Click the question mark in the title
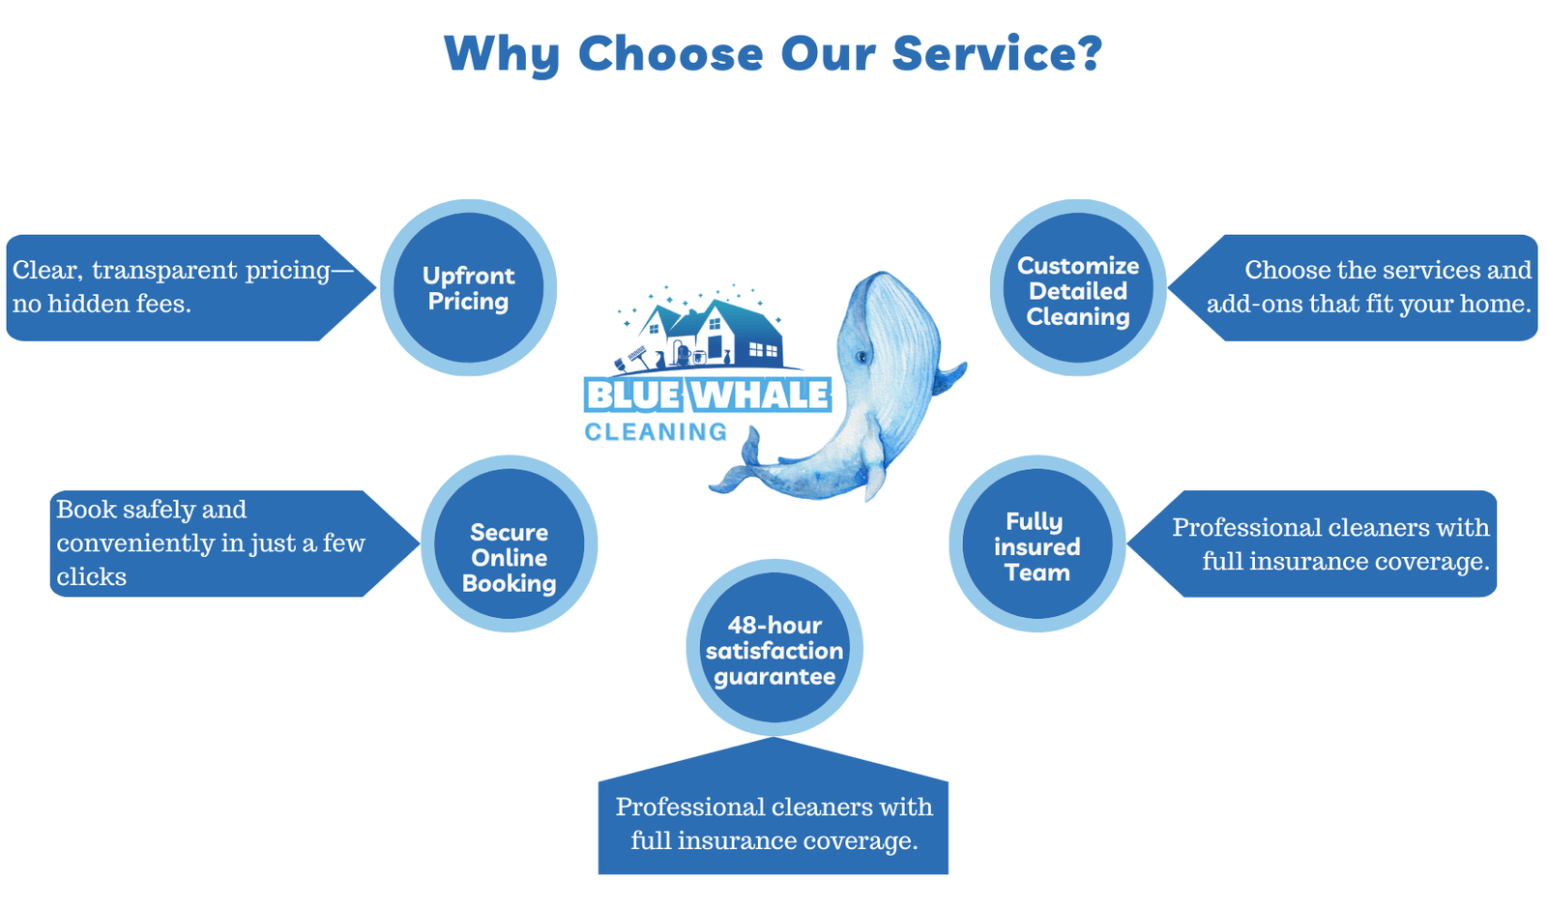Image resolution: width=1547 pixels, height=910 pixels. tap(1089, 52)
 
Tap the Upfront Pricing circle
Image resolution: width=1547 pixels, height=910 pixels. tap(468, 288)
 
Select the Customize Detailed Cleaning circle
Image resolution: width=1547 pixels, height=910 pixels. tap(1078, 288)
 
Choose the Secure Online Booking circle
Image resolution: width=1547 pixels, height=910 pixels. tap(509, 544)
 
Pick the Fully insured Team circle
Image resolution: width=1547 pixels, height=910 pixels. tap(1036, 544)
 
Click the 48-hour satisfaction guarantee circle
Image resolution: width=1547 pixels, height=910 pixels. tap(773, 648)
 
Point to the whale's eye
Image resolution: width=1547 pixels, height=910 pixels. tap(862, 358)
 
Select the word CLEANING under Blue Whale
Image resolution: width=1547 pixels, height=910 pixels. tap(656, 432)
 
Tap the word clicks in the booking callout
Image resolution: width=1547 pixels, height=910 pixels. tap(91, 577)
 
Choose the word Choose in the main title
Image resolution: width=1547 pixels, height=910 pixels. tap(670, 52)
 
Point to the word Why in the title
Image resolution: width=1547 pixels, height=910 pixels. tap(501, 52)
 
